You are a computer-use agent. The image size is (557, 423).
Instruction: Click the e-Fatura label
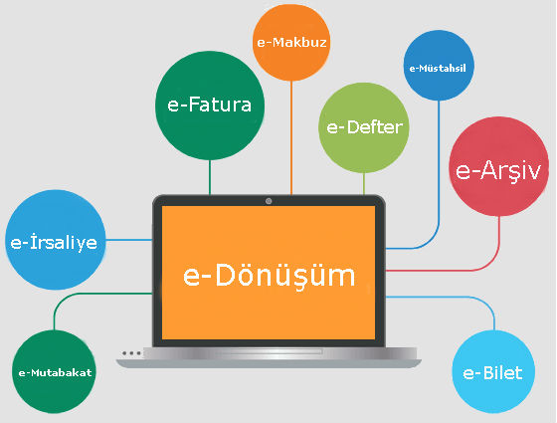click(x=209, y=105)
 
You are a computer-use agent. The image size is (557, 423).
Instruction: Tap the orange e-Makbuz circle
click(x=291, y=42)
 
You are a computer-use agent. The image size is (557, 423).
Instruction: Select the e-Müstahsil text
click(x=438, y=68)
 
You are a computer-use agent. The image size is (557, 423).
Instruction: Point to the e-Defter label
click(x=364, y=127)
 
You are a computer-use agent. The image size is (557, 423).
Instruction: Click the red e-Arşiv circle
click(x=498, y=166)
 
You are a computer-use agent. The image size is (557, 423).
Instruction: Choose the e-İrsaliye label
click(x=54, y=242)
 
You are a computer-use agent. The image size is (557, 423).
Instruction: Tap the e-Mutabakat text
click(x=55, y=372)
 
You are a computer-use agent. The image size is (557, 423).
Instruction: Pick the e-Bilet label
click(x=492, y=373)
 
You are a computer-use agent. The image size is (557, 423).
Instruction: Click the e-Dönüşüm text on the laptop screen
click(x=269, y=275)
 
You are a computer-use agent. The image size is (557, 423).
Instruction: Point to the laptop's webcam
click(x=269, y=201)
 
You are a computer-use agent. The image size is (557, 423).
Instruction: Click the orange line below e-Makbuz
click(x=291, y=138)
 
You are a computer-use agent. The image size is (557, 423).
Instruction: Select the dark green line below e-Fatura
click(x=210, y=177)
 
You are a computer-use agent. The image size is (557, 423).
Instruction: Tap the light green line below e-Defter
click(x=364, y=184)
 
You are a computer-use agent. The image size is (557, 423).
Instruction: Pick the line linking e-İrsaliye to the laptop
click(x=129, y=240)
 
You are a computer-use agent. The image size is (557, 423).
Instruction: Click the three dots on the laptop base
click(x=131, y=353)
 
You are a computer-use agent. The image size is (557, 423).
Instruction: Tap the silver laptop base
click(x=269, y=358)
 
